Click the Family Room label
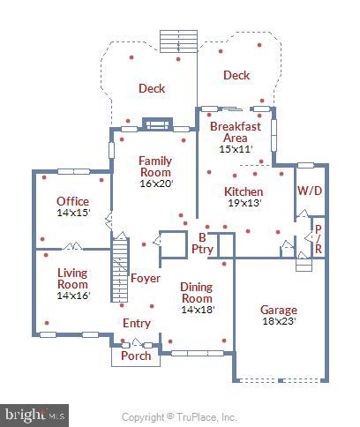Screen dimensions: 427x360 point(154,167)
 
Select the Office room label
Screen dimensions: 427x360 point(72,201)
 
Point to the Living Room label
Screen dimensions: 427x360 point(72,279)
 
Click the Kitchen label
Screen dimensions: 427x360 point(243,191)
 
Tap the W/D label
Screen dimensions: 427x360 point(309,191)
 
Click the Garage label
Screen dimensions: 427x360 point(278,310)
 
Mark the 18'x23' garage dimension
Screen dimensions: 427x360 point(278,321)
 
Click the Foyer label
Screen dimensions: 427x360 point(146,279)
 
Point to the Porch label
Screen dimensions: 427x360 point(135,356)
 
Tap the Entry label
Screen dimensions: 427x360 point(137,323)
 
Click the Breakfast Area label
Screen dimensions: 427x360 point(235,131)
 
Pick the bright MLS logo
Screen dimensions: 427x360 point(35,413)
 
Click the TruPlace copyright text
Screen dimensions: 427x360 point(179,416)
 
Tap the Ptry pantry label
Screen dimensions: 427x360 point(202,250)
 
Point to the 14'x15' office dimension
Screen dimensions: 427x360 point(72,213)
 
